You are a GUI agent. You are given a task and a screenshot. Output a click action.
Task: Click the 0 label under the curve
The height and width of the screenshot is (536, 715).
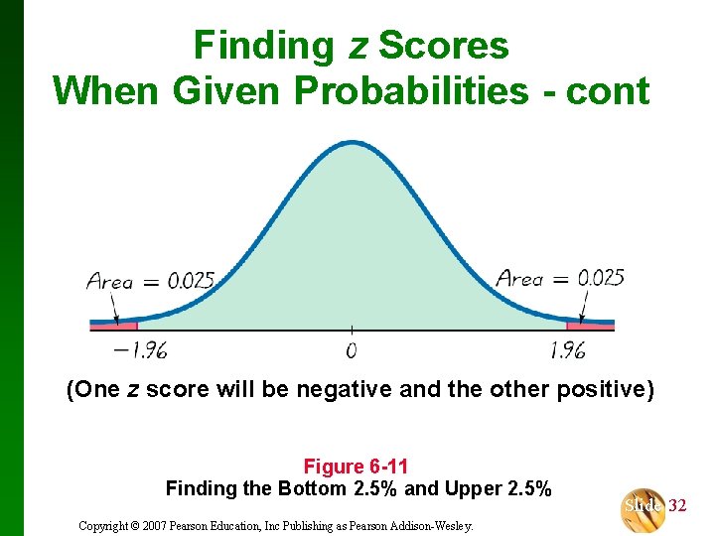pos(352,349)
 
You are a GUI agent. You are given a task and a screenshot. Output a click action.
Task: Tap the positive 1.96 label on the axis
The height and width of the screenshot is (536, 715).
pos(566,349)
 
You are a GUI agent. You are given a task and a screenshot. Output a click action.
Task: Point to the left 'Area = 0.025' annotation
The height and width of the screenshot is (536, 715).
pos(150,281)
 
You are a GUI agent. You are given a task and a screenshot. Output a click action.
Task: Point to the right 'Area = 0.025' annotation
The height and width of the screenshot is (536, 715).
pos(560,278)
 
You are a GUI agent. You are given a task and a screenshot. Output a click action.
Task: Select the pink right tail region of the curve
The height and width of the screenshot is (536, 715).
pos(590,323)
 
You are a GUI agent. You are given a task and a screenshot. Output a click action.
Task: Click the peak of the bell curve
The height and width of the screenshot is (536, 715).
pos(353,143)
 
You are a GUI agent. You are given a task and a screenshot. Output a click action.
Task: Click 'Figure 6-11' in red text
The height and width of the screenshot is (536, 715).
pos(356,467)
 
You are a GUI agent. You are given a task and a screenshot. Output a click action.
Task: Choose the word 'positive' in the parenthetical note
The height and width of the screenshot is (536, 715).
pos(600,389)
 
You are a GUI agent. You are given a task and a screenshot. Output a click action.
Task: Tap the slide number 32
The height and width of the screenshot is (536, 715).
pos(677,506)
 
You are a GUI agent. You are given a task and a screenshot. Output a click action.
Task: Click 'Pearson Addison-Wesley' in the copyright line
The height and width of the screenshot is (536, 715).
pos(421,525)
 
